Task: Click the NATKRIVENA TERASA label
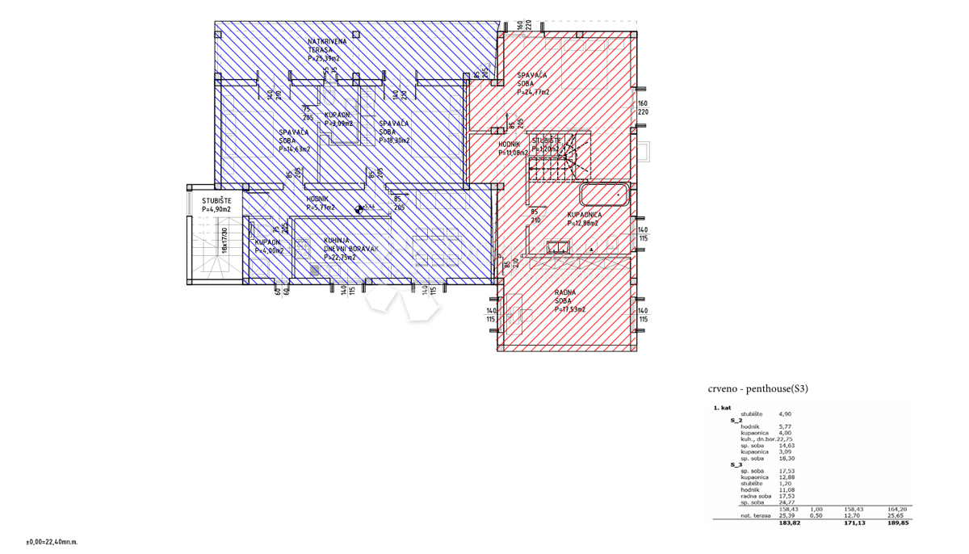tap(327, 46)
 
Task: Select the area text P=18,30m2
tap(394, 141)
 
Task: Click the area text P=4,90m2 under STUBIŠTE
tap(216, 210)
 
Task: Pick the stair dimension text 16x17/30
tap(224, 241)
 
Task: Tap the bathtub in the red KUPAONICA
tap(603, 195)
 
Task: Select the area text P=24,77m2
tap(533, 93)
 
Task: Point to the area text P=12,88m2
tap(583, 224)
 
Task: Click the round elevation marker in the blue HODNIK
tap(359, 209)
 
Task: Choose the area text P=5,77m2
tap(320, 208)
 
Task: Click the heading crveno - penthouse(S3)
tap(757, 388)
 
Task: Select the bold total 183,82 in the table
tap(789, 523)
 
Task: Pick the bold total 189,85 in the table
tap(897, 523)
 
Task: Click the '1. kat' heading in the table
tap(722, 408)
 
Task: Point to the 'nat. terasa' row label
tap(755, 515)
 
